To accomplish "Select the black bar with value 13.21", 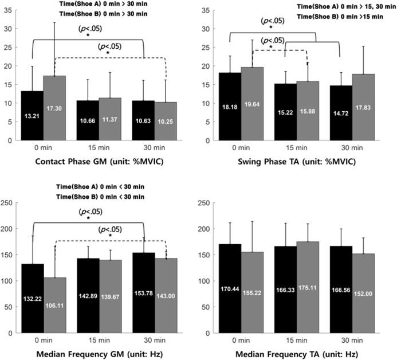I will (33, 115).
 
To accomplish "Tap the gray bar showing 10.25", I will (166, 121).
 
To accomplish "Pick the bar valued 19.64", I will (252, 103).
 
